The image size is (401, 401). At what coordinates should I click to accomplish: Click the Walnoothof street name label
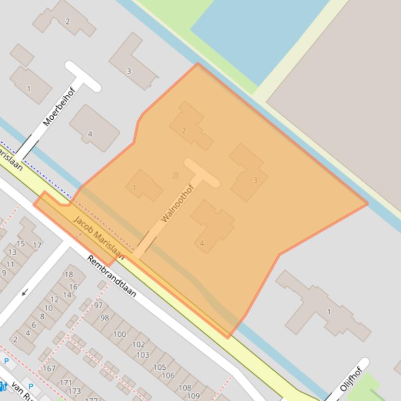177,204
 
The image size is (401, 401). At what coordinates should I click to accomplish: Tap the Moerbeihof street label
59,107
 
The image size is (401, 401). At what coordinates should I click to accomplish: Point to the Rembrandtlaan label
112,276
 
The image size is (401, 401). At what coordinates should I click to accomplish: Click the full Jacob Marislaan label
99,237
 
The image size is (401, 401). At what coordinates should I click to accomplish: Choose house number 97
98,305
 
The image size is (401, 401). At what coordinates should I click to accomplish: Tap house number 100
119,334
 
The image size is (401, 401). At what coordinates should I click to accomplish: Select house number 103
142,355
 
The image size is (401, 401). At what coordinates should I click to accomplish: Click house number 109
193,396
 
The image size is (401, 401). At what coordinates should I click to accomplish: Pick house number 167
49,369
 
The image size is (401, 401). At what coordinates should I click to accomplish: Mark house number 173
74,391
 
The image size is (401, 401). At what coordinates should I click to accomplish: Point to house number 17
37,245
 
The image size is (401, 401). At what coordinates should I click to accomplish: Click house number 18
69,274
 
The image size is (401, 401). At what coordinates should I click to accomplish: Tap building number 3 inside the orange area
255,180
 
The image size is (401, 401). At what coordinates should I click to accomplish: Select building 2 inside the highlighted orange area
184,131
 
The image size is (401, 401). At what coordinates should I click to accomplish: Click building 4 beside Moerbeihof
90,134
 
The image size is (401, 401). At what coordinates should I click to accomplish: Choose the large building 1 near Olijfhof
329,312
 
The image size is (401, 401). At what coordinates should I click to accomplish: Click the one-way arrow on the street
25,293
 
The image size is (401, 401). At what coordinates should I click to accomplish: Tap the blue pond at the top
261,31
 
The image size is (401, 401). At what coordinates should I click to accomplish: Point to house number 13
12,252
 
